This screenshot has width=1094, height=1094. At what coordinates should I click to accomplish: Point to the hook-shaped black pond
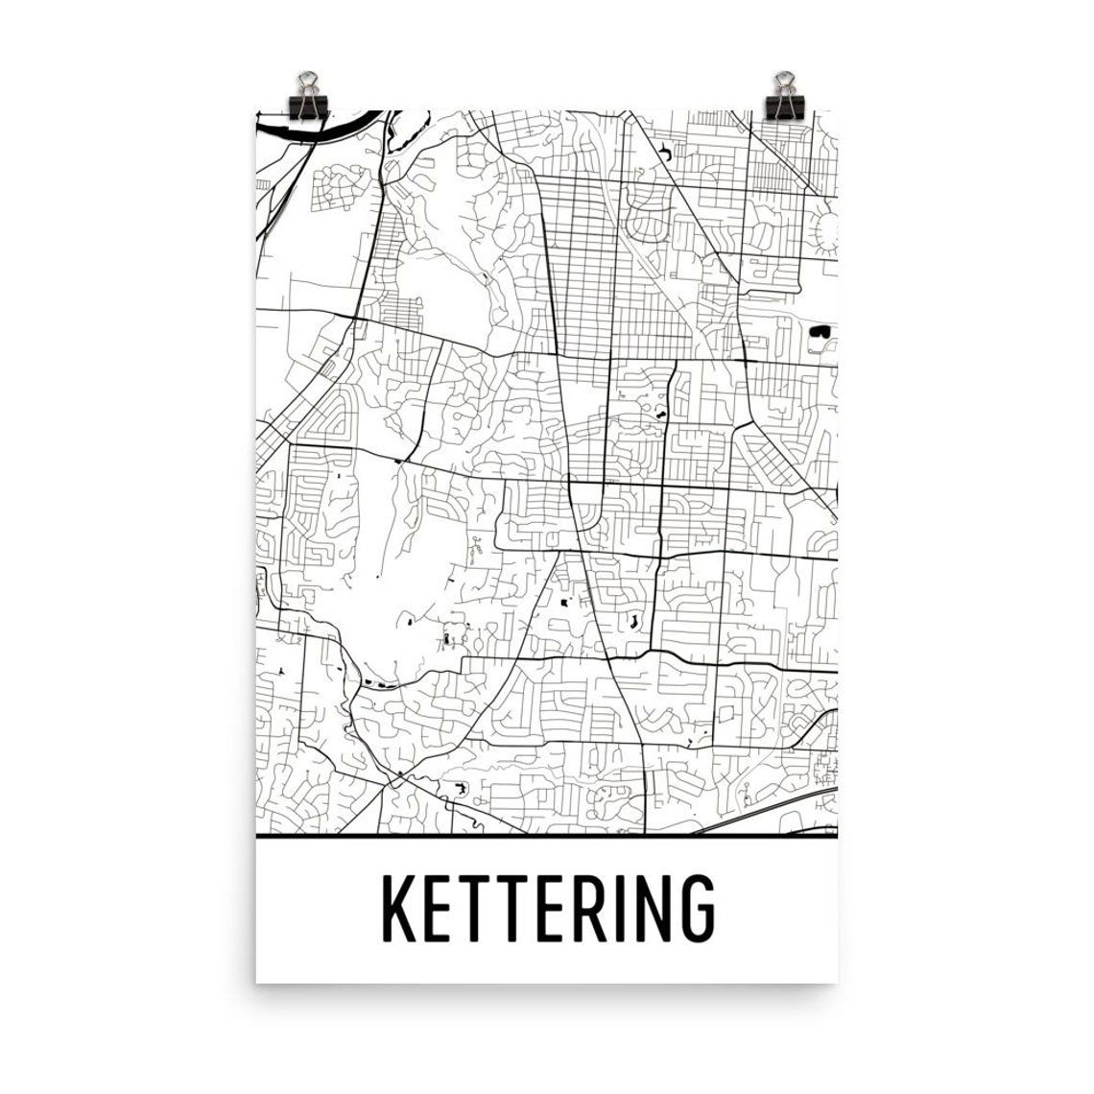click(x=664, y=151)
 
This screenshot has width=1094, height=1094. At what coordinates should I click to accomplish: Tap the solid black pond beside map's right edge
click(x=819, y=331)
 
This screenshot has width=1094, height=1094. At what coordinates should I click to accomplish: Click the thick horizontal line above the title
click(x=547, y=838)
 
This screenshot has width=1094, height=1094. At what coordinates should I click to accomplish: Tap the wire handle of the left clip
click(x=308, y=79)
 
